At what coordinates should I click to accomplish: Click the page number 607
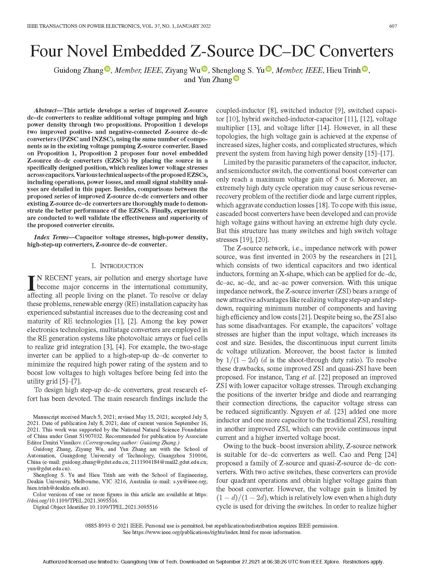[x=393, y=26]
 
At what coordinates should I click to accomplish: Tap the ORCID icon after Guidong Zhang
[x=108, y=69]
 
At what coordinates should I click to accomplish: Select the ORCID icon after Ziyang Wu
[x=205, y=69]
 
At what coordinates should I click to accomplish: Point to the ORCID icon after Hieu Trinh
[x=365, y=69]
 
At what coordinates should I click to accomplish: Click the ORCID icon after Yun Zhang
[x=236, y=78]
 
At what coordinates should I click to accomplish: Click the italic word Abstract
[x=45, y=111]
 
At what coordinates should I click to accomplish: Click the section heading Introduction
[x=121, y=266]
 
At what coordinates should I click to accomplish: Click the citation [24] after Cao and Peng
[x=391, y=454]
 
